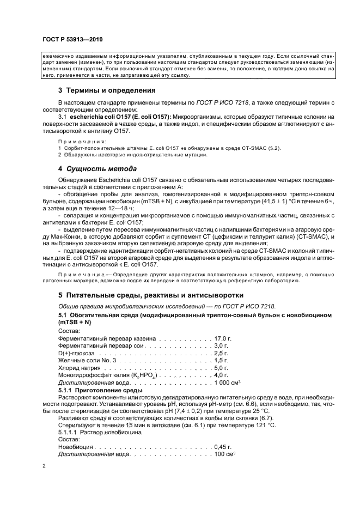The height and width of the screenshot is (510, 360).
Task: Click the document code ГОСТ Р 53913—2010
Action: [72, 40]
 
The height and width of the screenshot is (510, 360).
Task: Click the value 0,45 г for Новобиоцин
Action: [222, 446]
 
